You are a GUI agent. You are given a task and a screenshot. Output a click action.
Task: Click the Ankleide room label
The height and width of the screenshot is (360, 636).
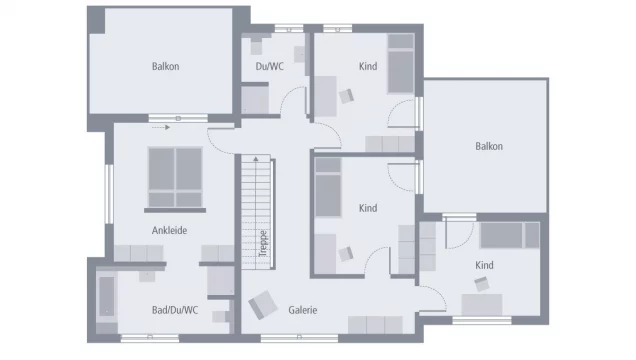click(x=169, y=230)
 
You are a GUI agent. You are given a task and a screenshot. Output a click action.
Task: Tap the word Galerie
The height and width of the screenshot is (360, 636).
click(x=303, y=310)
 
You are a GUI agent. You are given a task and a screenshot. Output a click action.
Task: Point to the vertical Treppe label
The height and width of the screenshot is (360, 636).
click(x=262, y=244)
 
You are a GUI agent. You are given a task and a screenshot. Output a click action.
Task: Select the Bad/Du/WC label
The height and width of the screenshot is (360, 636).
click(x=175, y=310)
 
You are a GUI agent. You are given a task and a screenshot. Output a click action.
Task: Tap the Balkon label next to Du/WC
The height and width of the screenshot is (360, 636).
click(x=166, y=67)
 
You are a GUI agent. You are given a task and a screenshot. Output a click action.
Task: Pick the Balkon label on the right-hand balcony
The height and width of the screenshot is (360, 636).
click(x=489, y=146)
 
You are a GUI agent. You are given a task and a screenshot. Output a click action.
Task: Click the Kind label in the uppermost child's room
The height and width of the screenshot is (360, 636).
click(x=368, y=67)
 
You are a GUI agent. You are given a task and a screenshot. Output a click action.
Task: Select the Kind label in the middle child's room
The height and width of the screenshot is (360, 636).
click(x=368, y=208)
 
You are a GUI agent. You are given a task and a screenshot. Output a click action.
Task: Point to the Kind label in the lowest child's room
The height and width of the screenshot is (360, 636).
click(x=484, y=265)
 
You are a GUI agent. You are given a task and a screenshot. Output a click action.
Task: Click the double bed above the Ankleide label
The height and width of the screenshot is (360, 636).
click(x=174, y=175)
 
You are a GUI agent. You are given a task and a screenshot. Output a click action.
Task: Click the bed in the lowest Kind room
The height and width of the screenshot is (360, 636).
click(x=510, y=236)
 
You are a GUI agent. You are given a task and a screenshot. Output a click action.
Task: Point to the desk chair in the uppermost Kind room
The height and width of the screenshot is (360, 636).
click(x=347, y=95)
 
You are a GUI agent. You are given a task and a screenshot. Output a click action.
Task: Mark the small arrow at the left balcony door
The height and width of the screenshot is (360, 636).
click(x=158, y=127)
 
